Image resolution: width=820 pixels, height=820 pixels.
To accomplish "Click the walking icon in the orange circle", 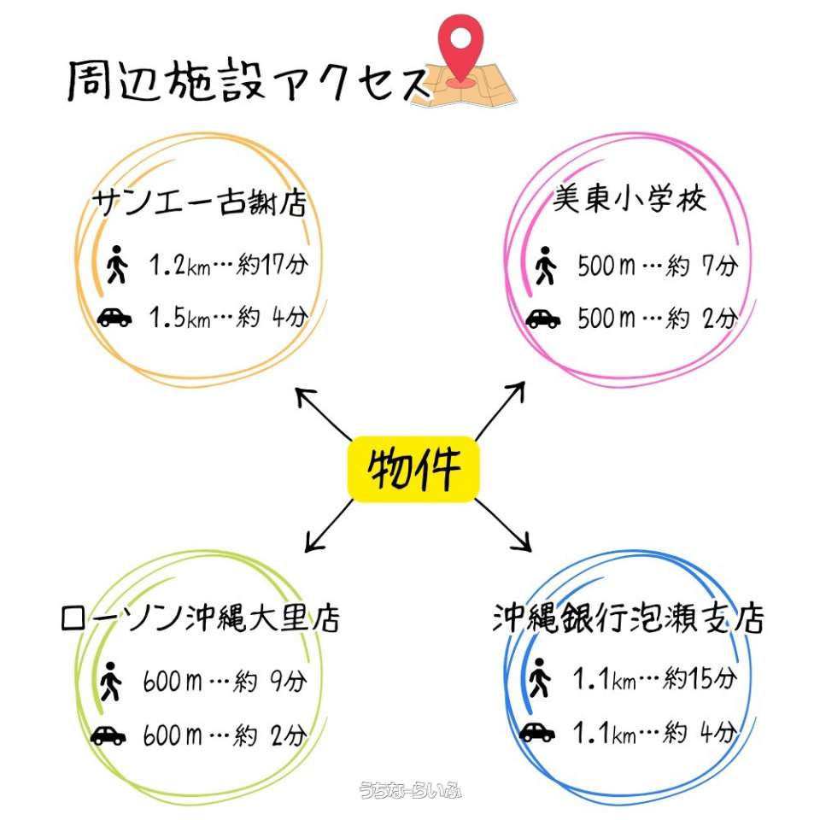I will tap(117, 265).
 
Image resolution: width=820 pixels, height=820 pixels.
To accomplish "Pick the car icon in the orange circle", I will tap(114, 318).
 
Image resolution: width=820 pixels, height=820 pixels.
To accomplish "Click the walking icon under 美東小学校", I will tap(543, 266).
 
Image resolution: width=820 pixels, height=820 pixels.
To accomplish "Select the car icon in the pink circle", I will tap(542, 319).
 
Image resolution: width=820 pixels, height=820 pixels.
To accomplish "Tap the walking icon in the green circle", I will tap(110, 682).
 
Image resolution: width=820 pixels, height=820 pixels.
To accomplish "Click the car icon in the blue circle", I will tap(536, 732).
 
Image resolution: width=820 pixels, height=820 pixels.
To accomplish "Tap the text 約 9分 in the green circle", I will tap(270, 682).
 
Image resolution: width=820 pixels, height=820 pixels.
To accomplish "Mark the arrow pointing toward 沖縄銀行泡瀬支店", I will tap(503, 524).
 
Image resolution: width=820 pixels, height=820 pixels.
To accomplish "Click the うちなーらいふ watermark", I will tap(411, 791).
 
